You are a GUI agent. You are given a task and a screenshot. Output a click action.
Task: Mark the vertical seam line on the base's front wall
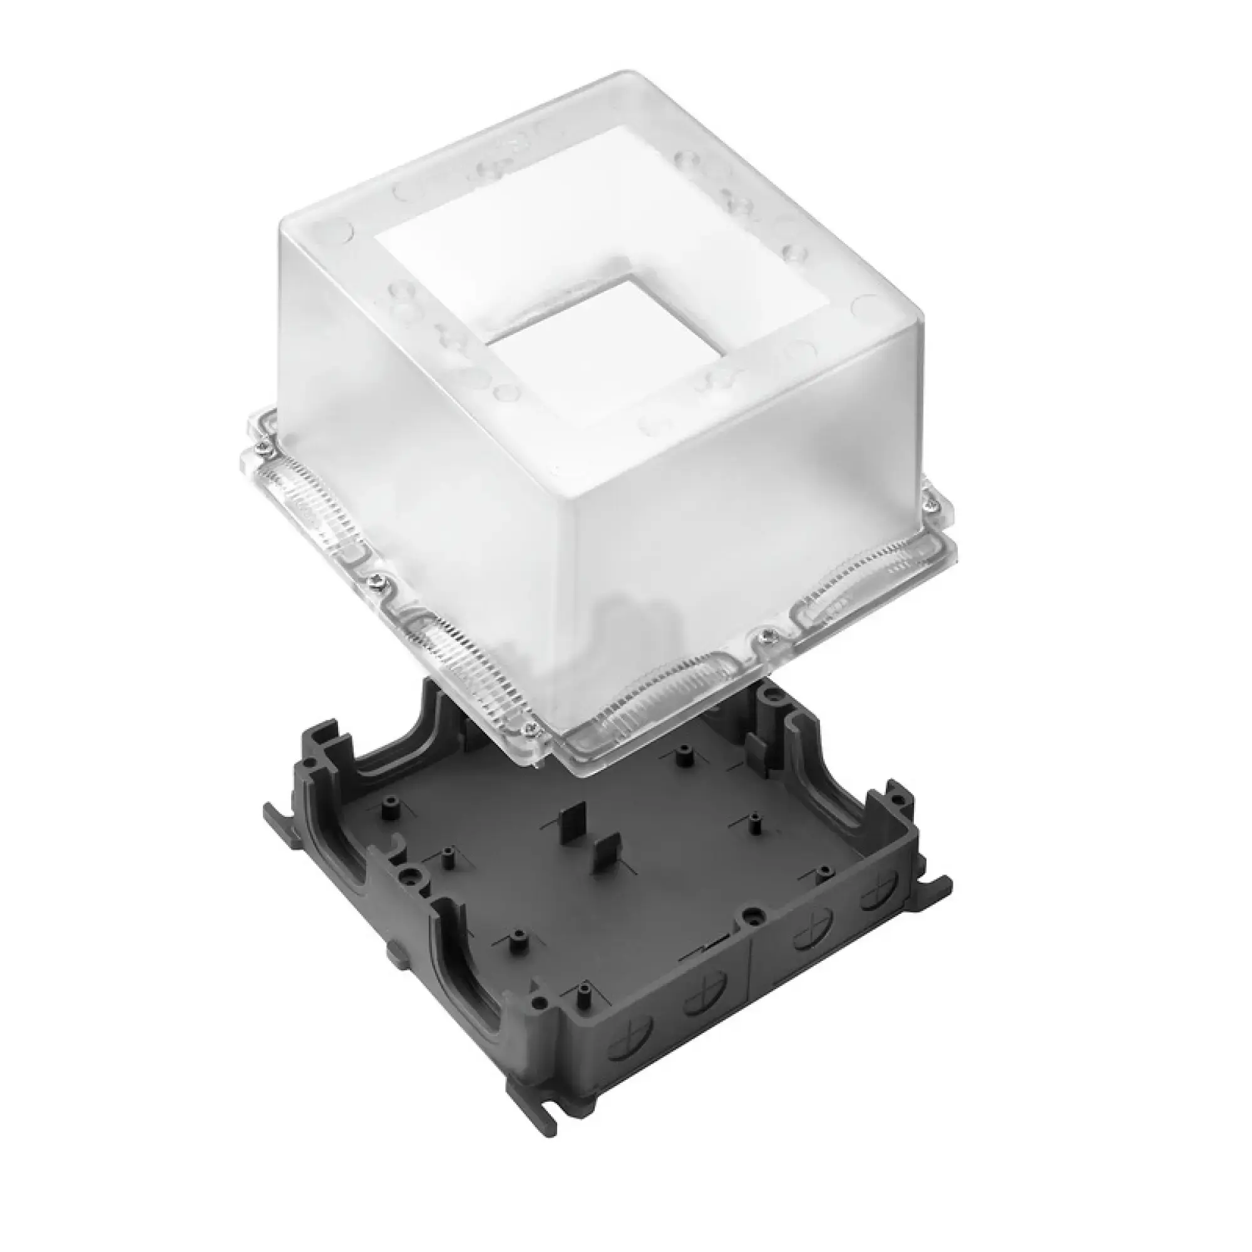tap(750, 985)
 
